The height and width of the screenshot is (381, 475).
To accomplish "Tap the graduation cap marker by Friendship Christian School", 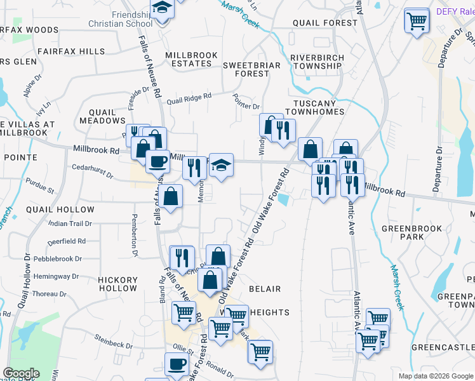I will click(x=163, y=8).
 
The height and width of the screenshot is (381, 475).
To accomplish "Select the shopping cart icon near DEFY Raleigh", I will click(x=417, y=21).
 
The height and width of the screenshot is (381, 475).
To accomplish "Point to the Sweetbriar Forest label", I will click(x=246, y=69).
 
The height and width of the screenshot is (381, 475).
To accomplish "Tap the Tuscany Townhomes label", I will click(x=318, y=107).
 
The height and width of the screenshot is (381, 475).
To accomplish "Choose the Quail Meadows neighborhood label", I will click(x=102, y=116).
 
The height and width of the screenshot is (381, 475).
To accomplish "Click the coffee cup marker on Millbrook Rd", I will click(x=157, y=161).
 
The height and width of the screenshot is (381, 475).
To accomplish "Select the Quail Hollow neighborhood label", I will click(x=60, y=210).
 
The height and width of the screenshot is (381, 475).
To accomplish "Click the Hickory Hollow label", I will click(x=118, y=284).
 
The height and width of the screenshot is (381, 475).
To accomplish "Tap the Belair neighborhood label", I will click(x=264, y=289).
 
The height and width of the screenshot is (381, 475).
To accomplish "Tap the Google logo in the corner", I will click(x=21, y=373).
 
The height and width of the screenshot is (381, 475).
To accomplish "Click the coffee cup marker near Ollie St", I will click(x=177, y=364).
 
